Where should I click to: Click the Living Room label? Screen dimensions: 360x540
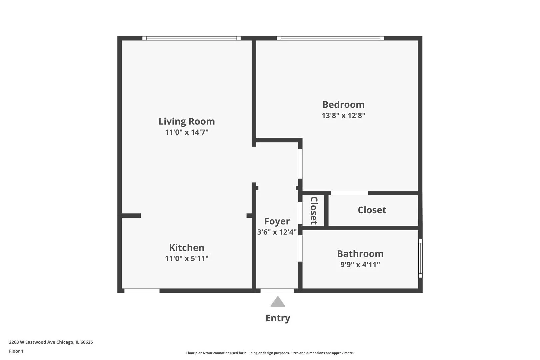click(x=186, y=121)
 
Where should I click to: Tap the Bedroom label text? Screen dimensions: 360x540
click(x=343, y=105)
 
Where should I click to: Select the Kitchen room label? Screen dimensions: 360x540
click(x=186, y=248)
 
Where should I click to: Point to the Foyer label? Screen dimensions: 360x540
click(x=277, y=221)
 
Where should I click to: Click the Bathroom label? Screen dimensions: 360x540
click(x=360, y=254)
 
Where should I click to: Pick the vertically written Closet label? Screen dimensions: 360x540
click(x=314, y=210)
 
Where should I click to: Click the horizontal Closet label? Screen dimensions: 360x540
click(x=372, y=210)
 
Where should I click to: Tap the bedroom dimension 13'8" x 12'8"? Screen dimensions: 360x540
click(x=343, y=116)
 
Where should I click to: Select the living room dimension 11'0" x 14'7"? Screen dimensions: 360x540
click(x=186, y=132)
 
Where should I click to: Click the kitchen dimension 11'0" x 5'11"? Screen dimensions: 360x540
click(x=186, y=259)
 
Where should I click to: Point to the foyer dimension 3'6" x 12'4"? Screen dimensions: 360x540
click(x=277, y=232)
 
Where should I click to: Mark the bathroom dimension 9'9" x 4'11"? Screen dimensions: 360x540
click(x=360, y=265)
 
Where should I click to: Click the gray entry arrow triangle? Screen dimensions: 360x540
click(x=278, y=302)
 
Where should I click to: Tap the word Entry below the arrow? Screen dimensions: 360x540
click(x=278, y=318)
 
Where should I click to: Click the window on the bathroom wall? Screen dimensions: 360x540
click(x=420, y=258)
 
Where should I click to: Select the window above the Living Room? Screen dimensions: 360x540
click(x=191, y=38)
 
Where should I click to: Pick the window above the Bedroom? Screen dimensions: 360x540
click(x=330, y=38)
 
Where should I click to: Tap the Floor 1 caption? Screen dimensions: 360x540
click(x=16, y=351)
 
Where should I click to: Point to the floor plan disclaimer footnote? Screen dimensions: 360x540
click(x=270, y=353)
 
